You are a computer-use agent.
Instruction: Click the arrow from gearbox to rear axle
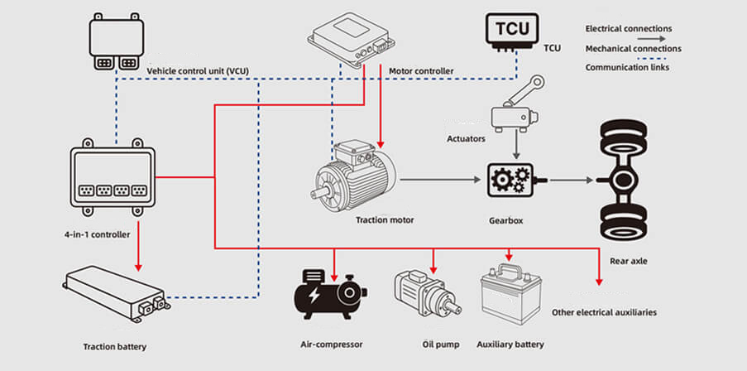pos(572,179)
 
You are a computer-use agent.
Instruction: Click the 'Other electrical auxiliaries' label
pos(604,312)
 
